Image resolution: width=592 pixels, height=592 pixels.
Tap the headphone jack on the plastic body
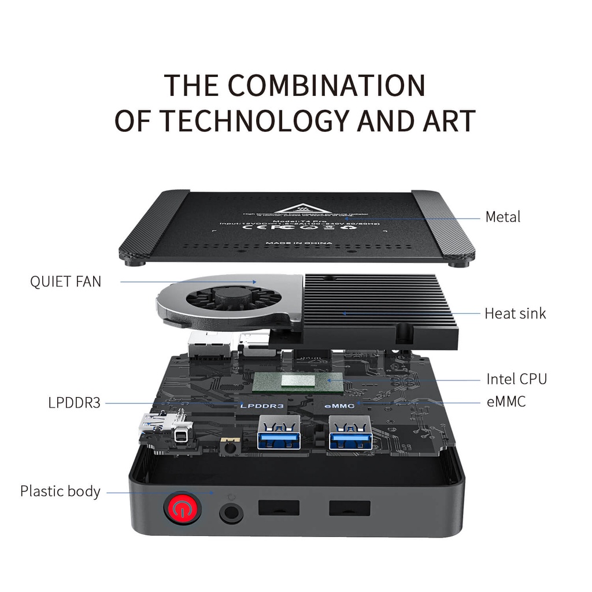point(231,512)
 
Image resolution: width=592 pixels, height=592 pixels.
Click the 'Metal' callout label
point(502,217)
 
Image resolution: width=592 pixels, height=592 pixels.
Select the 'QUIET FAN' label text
point(65,282)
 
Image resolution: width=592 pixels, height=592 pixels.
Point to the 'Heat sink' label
point(515,313)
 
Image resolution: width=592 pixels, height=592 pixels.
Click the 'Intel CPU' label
point(516,379)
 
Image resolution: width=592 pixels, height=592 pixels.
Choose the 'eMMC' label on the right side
point(506,402)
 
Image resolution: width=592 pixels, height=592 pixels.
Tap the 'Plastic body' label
point(60,491)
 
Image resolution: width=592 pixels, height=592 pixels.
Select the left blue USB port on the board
point(279,434)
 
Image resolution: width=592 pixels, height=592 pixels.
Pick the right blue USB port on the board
point(350,434)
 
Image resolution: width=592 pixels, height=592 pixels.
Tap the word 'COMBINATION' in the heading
point(327,85)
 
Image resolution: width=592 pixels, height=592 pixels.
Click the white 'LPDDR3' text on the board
point(262,406)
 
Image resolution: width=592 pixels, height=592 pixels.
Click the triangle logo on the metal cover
point(296,208)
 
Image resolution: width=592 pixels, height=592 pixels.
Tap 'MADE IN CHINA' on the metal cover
point(299,243)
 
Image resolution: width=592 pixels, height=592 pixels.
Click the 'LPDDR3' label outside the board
point(74,402)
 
